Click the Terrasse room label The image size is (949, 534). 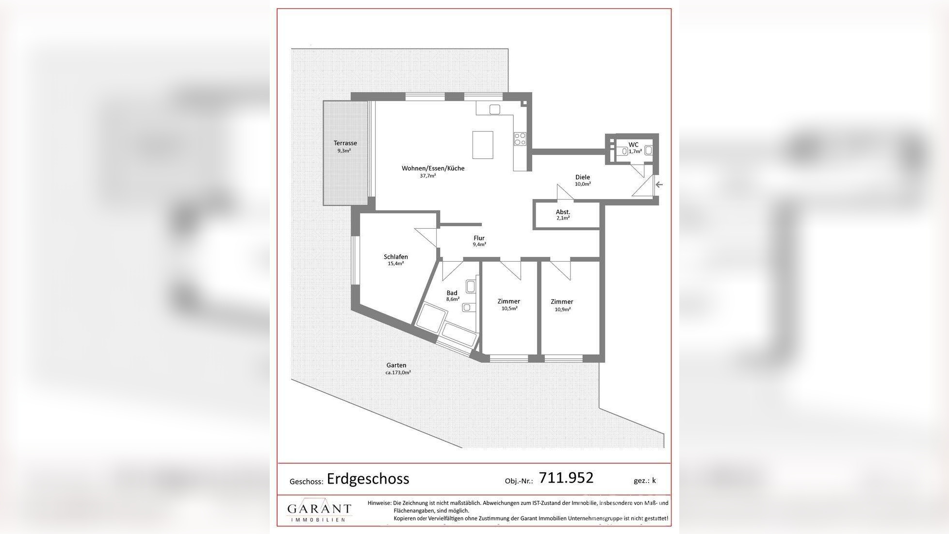(x=345, y=143)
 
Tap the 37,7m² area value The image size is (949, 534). (x=427, y=176)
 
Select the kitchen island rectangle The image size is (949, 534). (x=483, y=145)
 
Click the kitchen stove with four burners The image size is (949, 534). (x=520, y=139)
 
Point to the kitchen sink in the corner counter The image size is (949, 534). (x=494, y=110)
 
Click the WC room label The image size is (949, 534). (x=633, y=145)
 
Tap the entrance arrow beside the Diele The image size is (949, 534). (x=659, y=184)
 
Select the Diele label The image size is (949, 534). (x=582, y=177)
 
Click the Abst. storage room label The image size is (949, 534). (x=563, y=212)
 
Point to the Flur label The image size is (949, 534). (x=479, y=238)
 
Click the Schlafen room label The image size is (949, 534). (x=395, y=257)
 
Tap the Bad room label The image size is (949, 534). (x=452, y=293)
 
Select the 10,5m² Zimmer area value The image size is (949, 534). (x=509, y=308)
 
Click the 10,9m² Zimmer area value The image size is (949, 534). (x=562, y=309)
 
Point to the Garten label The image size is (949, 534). (x=396, y=365)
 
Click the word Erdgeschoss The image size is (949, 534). (x=368, y=479)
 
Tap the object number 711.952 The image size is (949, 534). (x=566, y=478)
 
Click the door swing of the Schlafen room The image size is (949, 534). (x=427, y=237)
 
